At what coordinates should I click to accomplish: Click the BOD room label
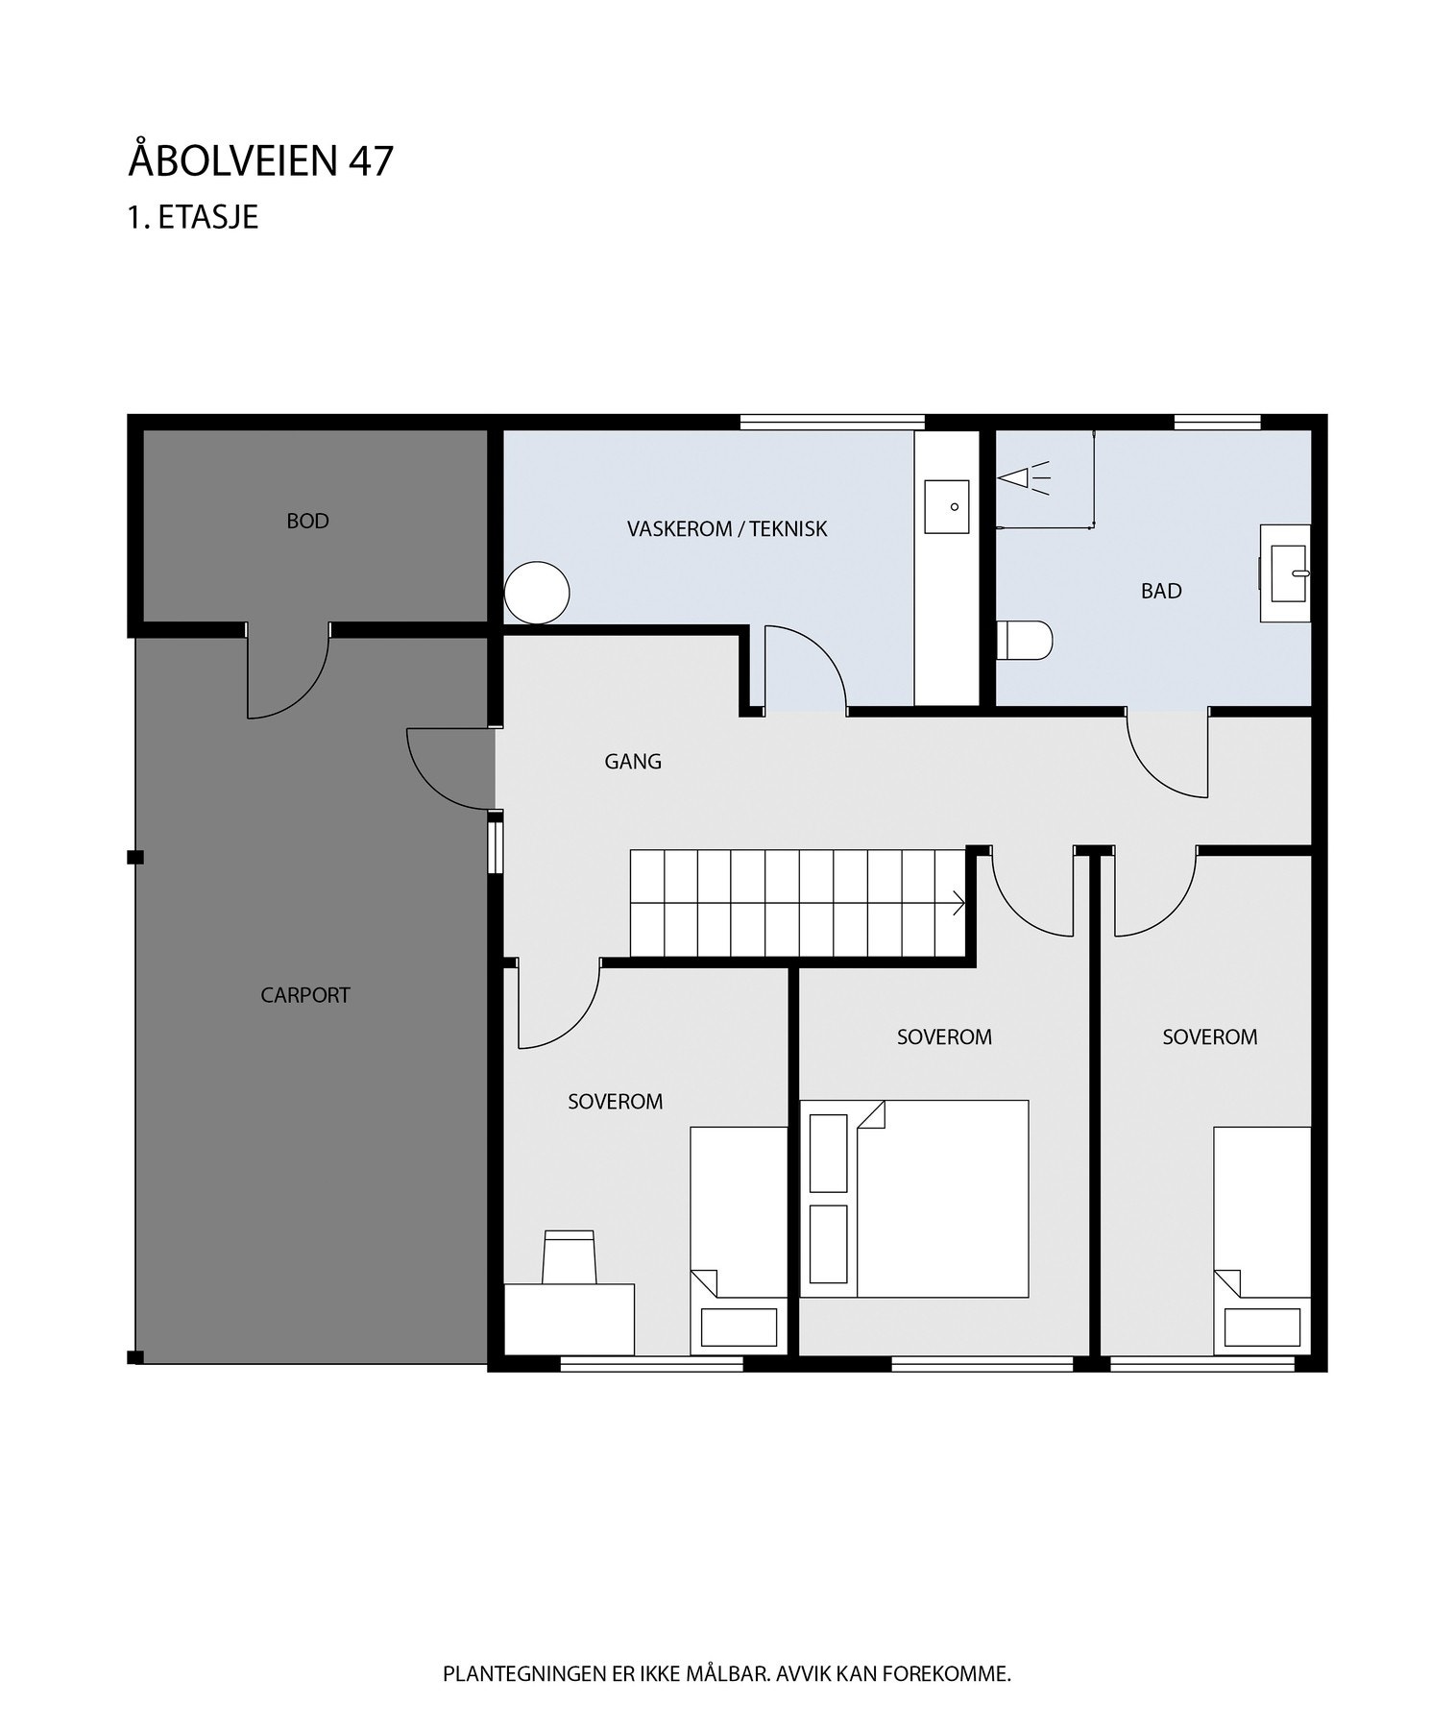pyautogui.click(x=307, y=521)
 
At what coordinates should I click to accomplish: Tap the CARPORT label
pyautogui.click(x=305, y=995)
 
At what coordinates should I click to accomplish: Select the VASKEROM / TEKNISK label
pyautogui.click(x=726, y=528)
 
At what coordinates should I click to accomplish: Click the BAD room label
pyautogui.click(x=1160, y=591)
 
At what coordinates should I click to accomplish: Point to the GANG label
pyautogui.click(x=632, y=762)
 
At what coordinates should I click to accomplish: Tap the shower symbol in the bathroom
pyautogui.click(x=1022, y=475)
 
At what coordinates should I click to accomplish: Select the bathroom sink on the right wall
pyautogui.click(x=1286, y=572)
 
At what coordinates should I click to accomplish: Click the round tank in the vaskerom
pyautogui.click(x=537, y=593)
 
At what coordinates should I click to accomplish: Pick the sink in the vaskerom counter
pyautogui.click(x=946, y=506)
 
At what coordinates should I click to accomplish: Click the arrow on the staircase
pyautogui.click(x=957, y=902)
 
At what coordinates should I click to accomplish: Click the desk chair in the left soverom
pyautogui.click(x=568, y=1256)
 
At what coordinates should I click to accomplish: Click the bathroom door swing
pyautogui.click(x=1168, y=754)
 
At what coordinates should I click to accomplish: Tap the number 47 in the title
pyautogui.click(x=371, y=161)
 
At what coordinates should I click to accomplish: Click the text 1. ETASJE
pyautogui.click(x=193, y=217)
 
